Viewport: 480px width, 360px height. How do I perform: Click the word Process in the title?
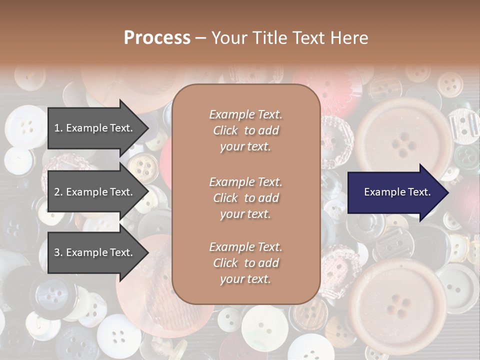157,38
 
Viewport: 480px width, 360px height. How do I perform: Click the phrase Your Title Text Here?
289,38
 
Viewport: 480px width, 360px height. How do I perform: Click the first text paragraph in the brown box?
245,130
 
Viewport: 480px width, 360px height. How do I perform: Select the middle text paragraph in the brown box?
245,198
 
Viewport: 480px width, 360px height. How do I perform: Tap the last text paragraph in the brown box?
245,263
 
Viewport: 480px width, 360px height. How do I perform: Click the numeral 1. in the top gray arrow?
58,128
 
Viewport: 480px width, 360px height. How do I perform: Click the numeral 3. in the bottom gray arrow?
58,252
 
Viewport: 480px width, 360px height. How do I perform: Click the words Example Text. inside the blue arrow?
397,192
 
